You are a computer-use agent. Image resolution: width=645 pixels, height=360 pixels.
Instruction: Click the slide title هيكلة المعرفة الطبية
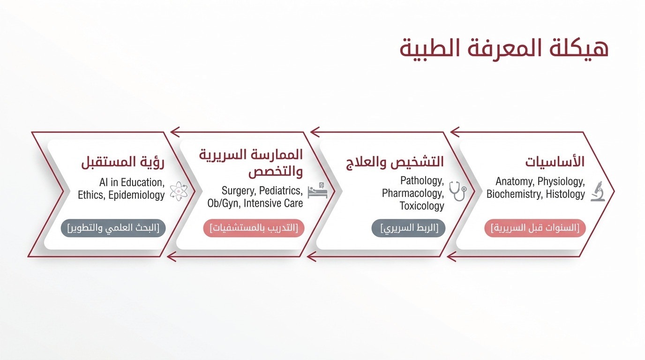(x=504, y=49)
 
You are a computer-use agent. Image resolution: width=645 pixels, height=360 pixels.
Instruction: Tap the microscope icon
(x=598, y=191)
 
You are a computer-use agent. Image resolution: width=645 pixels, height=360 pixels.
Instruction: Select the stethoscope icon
(x=458, y=191)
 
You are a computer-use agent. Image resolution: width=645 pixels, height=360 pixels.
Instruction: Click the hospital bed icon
(x=318, y=190)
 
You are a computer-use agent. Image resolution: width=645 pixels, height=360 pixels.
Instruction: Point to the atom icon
(x=179, y=191)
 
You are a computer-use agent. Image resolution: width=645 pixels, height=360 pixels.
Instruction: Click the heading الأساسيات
(x=555, y=162)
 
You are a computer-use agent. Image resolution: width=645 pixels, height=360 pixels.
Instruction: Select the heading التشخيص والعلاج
(x=395, y=162)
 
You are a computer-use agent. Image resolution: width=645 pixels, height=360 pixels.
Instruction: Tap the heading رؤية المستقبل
(x=123, y=162)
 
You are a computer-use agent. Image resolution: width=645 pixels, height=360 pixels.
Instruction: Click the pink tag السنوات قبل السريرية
(x=535, y=228)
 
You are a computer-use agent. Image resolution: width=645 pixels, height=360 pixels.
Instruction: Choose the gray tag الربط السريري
(x=409, y=228)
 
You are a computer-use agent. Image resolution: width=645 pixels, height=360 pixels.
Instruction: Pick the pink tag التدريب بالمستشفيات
(x=254, y=228)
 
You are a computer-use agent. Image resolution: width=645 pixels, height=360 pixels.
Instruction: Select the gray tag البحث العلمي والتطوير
(x=113, y=228)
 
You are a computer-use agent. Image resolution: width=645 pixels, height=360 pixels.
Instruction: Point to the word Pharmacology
(x=413, y=193)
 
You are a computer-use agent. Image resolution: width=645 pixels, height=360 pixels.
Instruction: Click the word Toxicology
(x=422, y=206)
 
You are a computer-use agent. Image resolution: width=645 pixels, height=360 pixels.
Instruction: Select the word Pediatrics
(x=281, y=191)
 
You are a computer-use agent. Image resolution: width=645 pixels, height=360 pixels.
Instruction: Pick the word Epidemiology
(x=136, y=195)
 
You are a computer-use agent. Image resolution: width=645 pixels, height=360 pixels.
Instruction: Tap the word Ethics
(x=91, y=195)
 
